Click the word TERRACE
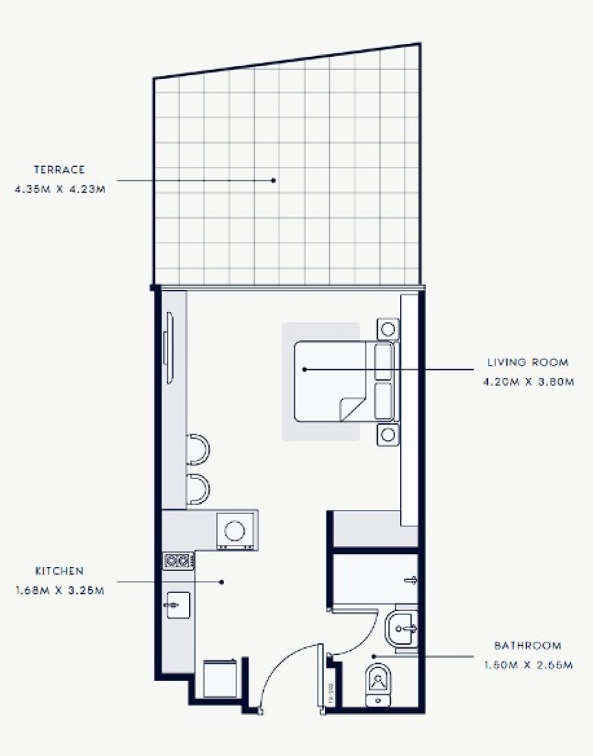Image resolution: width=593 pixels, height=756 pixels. pos(59,169)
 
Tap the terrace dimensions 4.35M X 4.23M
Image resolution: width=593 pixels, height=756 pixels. pos(59,188)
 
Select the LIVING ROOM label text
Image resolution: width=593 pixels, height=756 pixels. pos(528,362)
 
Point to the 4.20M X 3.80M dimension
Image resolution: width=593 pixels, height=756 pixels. pos(528,381)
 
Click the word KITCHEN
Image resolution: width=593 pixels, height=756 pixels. pos(60,571)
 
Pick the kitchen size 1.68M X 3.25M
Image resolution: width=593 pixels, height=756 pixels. pos(60,590)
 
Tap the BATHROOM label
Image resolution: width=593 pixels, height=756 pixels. pos(528,646)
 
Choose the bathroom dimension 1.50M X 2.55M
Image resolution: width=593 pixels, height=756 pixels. pos(528,665)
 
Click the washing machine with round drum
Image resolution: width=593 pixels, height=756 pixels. pos(235,531)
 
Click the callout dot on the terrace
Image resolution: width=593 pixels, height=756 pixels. pos(273,180)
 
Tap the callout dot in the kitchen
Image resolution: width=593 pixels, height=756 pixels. pos(222,582)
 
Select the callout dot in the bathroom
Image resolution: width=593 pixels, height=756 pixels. pos(374,656)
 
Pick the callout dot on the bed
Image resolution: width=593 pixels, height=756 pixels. pos(305,369)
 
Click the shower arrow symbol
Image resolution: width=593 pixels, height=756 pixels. pos(412,581)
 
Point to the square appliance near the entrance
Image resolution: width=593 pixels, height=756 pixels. pos(221,678)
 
